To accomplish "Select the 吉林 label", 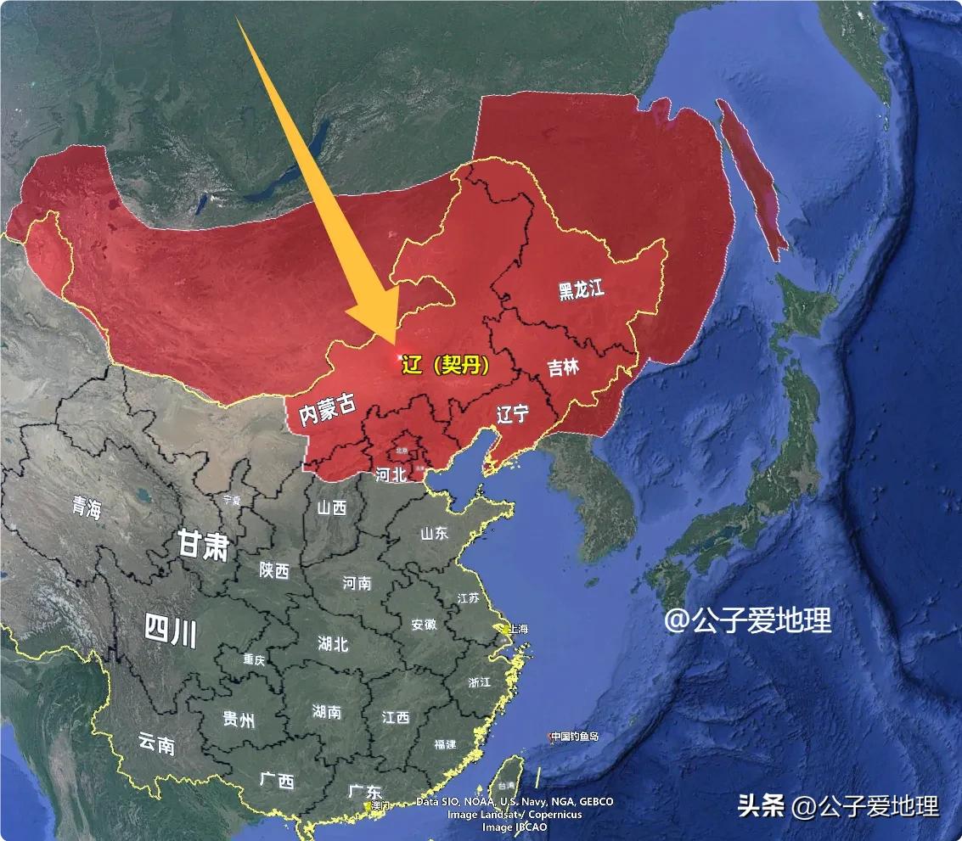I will [562, 367].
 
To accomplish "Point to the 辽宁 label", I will [512, 414].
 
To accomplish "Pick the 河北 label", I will [391, 475].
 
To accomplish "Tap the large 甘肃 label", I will [203, 545].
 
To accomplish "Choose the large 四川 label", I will [170, 631].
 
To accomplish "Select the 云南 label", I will [156, 744].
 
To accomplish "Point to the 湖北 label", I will [333, 643].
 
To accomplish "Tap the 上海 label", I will [517, 629].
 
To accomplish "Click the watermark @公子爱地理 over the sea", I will [747, 621].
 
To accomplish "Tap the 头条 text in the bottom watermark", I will [761, 805].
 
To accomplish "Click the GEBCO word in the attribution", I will [594, 802].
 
